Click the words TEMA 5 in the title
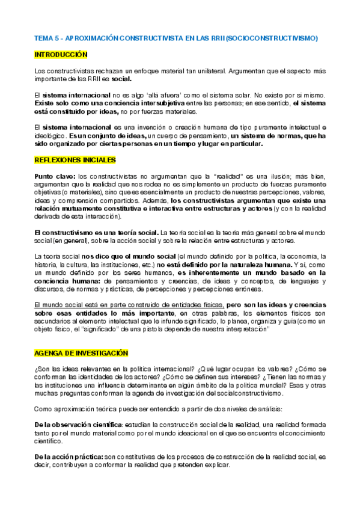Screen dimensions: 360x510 point(44,38)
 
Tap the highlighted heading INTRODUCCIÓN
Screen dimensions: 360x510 point(61,54)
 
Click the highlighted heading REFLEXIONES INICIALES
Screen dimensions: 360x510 point(75,160)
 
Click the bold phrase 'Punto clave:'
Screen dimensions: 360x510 point(55,176)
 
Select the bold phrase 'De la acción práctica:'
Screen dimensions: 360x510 point(69,457)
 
